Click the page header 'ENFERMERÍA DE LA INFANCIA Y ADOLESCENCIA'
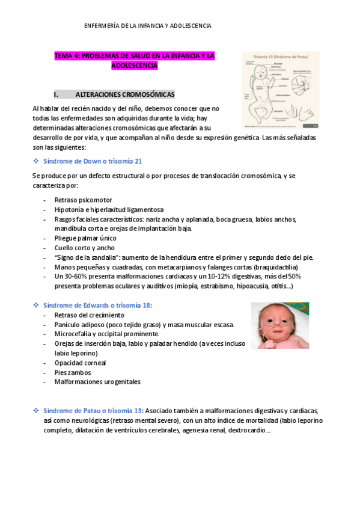(147, 26)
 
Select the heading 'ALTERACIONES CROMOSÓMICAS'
(125, 94)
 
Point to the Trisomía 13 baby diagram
(280, 90)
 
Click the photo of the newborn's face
(279, 325)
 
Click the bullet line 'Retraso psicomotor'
(82, 200)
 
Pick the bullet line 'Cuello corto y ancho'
(84, 248)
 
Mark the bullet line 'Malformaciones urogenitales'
(97, 382)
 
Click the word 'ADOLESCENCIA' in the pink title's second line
(134, 66)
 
